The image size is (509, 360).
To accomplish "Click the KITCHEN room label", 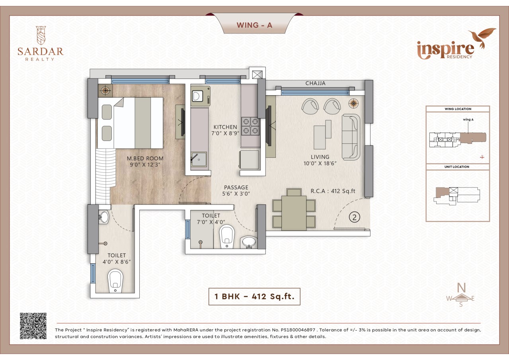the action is tap(225, 127).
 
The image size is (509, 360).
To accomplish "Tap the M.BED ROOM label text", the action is tap(145, 158).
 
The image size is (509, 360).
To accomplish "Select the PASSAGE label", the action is tap(236, 188).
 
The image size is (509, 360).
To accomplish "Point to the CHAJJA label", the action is tap(316, 83).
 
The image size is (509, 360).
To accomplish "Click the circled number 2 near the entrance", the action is tap(354, 217).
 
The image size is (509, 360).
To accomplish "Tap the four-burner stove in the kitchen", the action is tap(250, 126).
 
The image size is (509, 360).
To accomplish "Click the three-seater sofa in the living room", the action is tap(351, 137).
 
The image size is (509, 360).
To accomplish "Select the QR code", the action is tap(33, 326).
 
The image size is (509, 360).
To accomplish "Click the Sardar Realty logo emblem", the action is tap(41, 35).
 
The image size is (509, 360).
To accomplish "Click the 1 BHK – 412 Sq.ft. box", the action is tap(254, 296).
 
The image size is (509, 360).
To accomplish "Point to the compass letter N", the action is tap(461, 288).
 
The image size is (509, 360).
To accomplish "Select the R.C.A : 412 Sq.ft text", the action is tap(333, 191).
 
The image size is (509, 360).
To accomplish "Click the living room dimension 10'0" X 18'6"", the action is tap(320, 163).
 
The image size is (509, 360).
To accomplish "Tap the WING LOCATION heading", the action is tap(458, 109).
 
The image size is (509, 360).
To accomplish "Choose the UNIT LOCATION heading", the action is tap(457, 167).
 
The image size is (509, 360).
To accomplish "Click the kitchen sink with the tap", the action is tap(199, 159).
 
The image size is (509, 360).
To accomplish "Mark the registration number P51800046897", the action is tap(298, 330).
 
